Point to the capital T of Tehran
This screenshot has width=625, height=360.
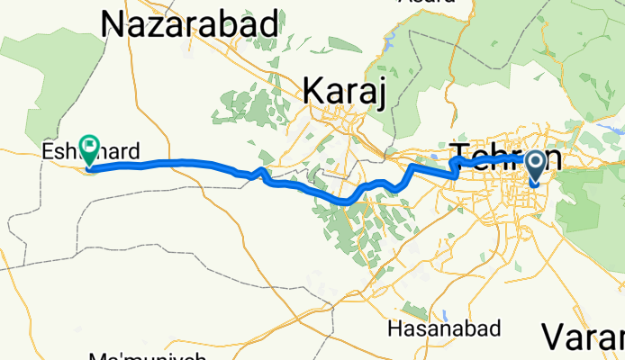[x=458, y=156]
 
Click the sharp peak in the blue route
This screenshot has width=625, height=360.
[x=262, y=169]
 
